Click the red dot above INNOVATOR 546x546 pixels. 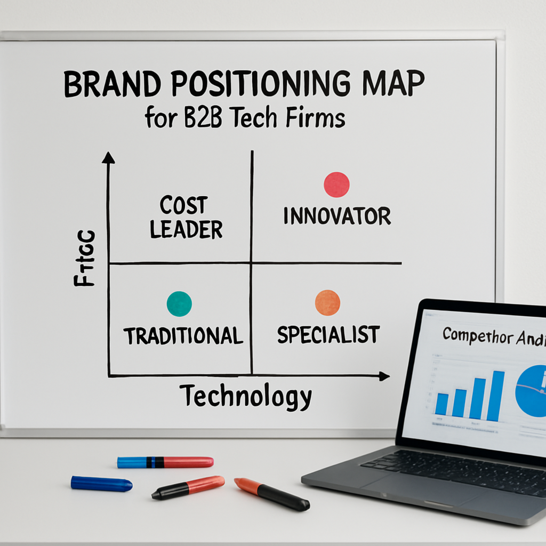click(x=336, y=184)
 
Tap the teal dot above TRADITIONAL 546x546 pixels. click(x=179, y=304)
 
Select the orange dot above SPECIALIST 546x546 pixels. click(x=327, y=303)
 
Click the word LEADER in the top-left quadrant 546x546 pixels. click(x=186, y=230)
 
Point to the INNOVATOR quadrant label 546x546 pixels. click(x=337, y=216)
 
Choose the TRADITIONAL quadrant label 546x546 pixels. click(x=183, y=335)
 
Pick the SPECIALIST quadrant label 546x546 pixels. click(x=328, y=334)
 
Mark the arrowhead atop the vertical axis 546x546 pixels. click(x=108, y=157)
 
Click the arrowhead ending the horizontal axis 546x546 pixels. click(x=384, y=376)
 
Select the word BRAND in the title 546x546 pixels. click(x=106, y=85)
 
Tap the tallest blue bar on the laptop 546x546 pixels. click(x=495, y=396)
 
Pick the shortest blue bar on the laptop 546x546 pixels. click(x=441, y=404)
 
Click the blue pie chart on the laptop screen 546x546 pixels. click(x=532, y=391)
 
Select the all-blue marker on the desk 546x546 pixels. click(x=101, y=484)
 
